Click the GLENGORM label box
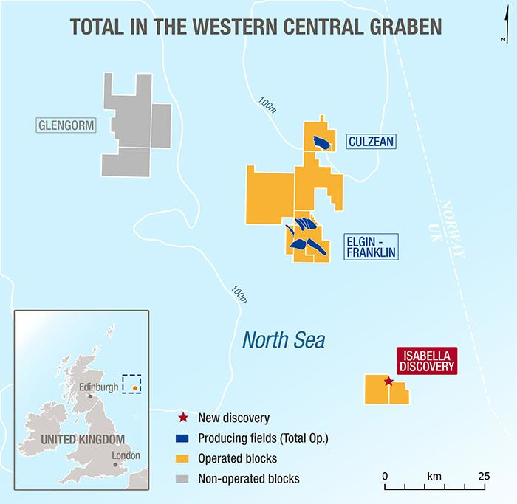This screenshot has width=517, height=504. [66, 125]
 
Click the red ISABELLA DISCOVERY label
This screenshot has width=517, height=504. [427, 359]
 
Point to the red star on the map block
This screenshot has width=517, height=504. [388, 382]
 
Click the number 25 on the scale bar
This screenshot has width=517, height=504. [484, 475]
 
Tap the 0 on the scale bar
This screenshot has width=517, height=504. [385, 475]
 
